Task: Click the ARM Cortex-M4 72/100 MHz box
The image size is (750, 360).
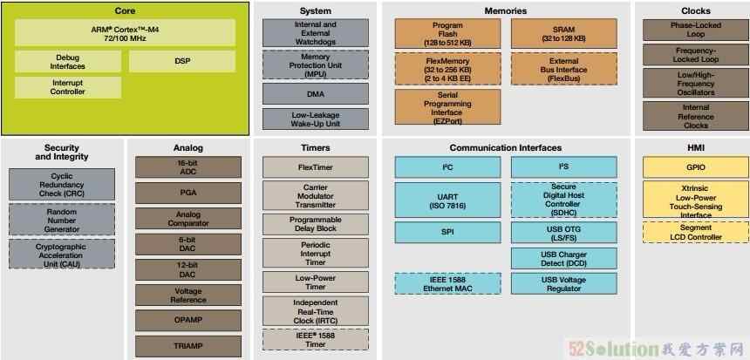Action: [x=125, y=32]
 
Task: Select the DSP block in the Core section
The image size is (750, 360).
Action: [x=181, y=62]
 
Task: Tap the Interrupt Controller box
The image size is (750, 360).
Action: [x=67, y=87]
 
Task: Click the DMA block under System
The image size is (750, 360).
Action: [x=316, y=94]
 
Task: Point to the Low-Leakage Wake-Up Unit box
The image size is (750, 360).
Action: [x=316, y=119]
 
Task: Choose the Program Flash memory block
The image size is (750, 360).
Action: [x=447, y=33]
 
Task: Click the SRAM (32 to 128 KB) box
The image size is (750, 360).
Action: [x=564, y=33]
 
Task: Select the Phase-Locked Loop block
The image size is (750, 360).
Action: [x=696, y=30]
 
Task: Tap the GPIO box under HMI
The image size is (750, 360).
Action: [x=696, y=167]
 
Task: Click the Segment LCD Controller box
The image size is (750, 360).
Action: [x=696, y=233]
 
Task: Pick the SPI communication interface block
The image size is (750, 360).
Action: [x=447, y=233]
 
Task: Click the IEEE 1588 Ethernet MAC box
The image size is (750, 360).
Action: [x=447, y=283]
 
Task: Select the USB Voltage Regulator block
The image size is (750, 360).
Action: [x=564, y=283]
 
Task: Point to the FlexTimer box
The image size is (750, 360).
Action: [x=316, y=167]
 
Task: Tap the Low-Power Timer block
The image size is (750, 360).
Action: [x=316, y=282]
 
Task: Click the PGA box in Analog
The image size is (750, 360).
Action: [x=188, y=193]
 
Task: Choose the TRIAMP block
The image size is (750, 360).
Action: [x=188, y=346]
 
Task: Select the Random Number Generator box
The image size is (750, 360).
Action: [x=62, y=220]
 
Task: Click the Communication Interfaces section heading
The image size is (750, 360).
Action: [x=506, y=147]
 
